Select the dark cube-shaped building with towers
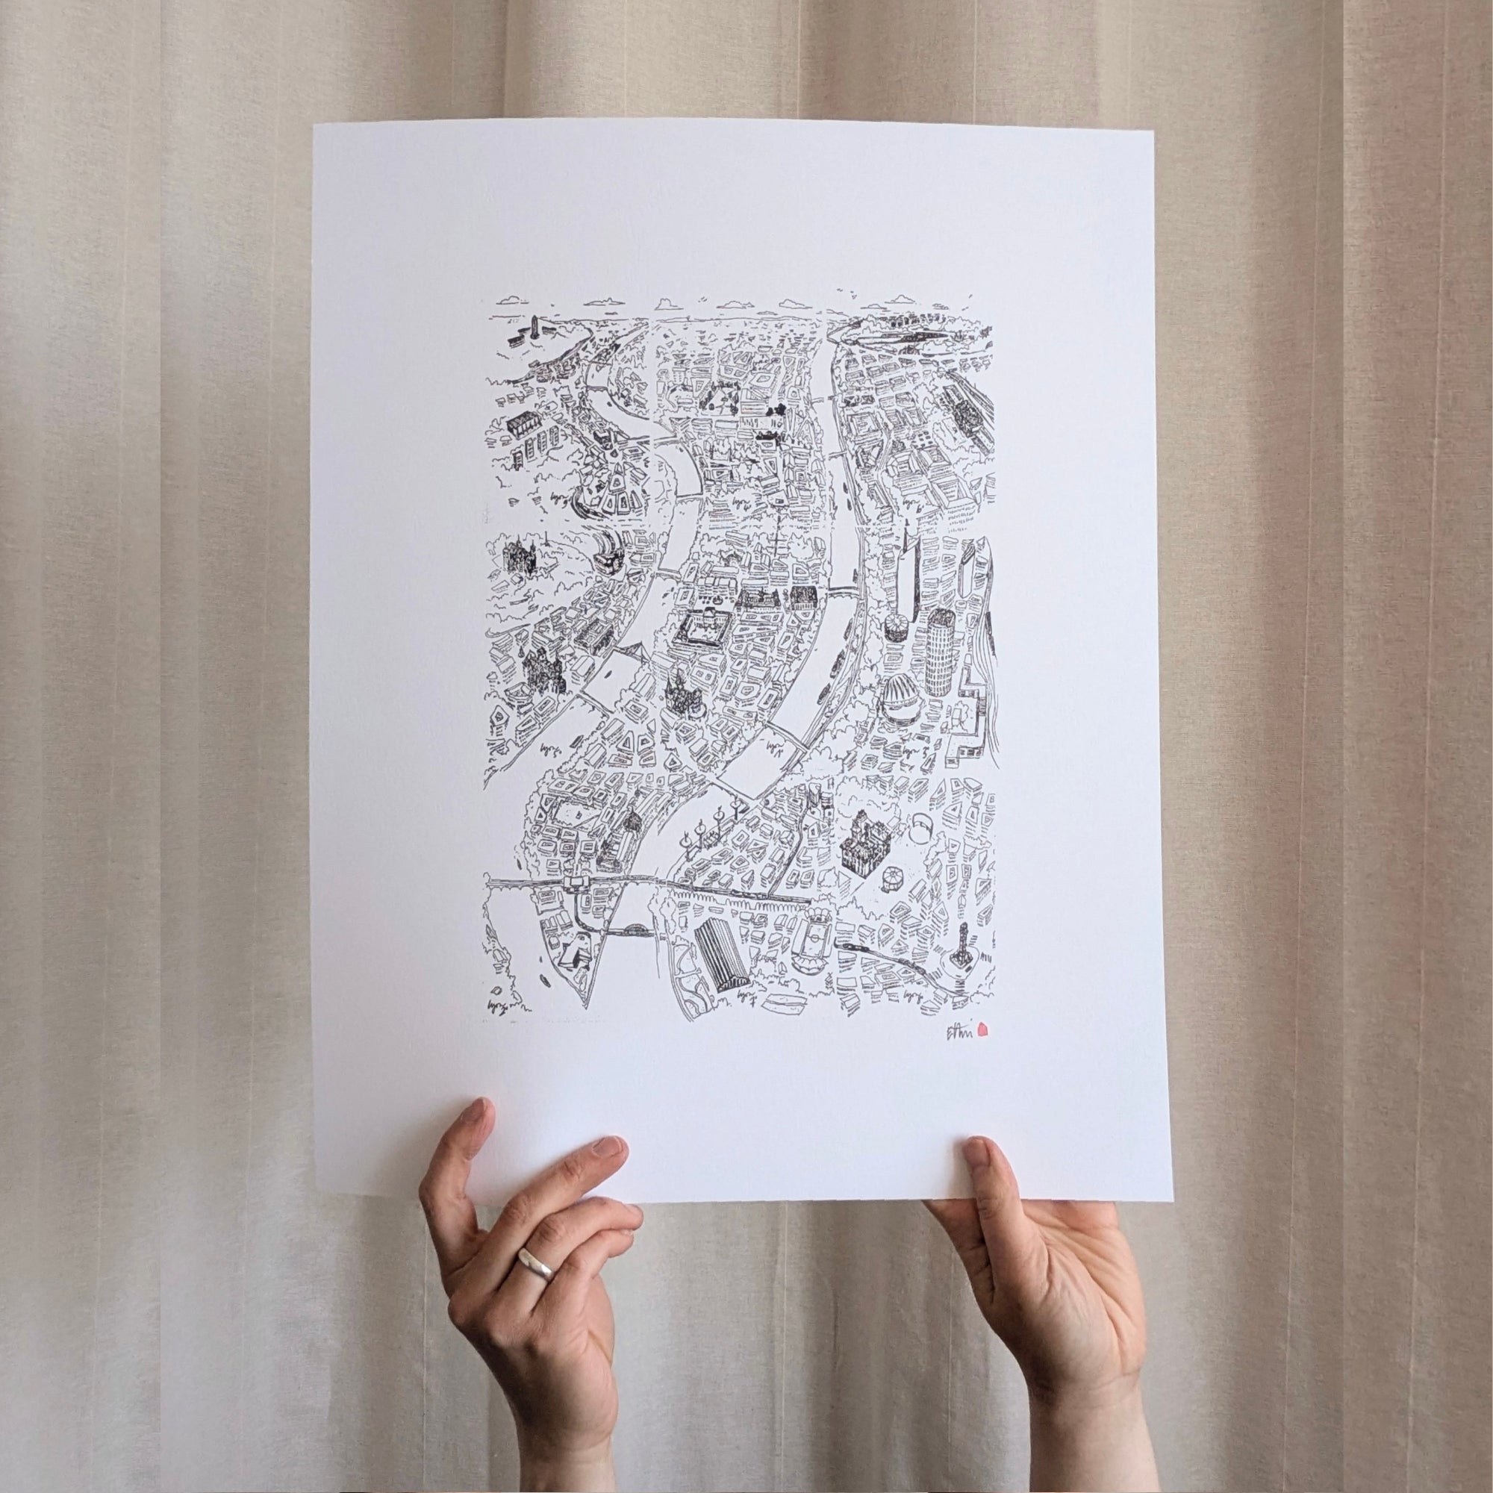(x=862, y=844)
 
